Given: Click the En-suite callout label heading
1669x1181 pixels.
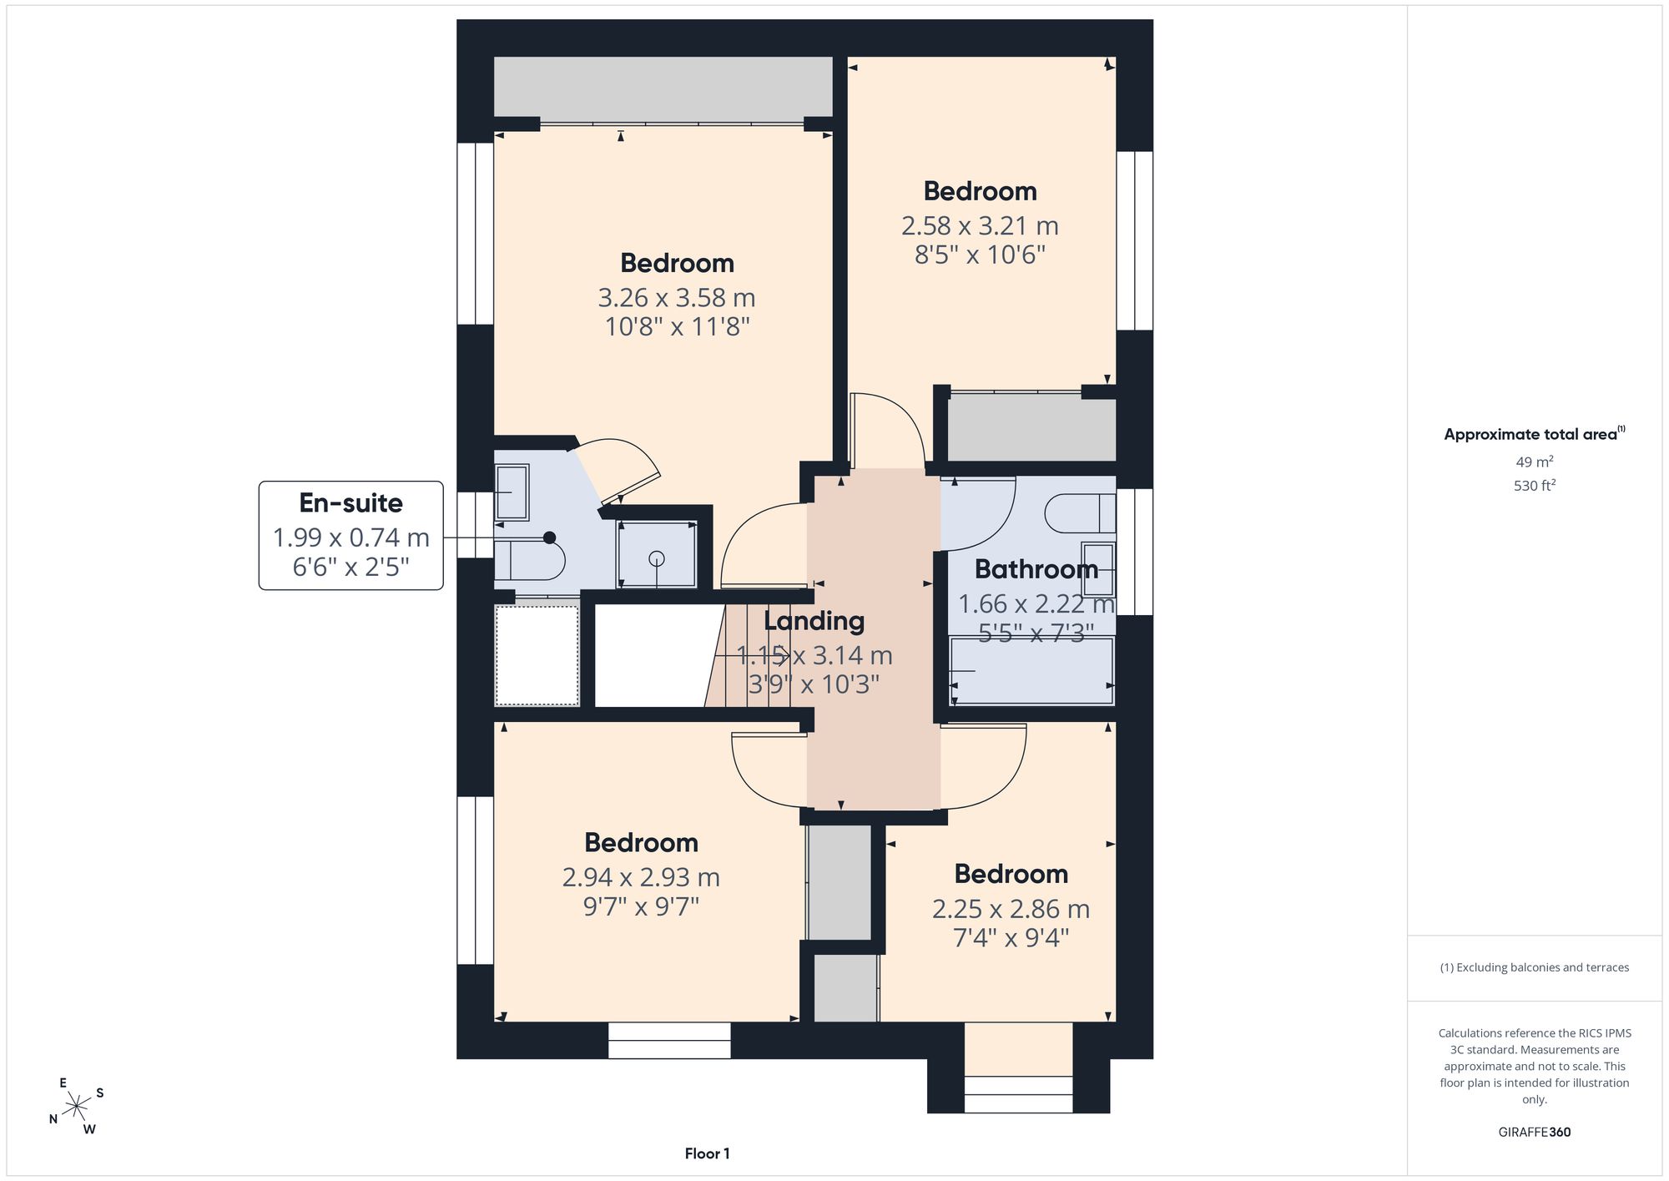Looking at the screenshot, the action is click(350, 503).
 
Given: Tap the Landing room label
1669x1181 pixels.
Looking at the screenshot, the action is click(814, 621).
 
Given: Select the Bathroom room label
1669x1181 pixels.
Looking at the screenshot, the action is click(1036, 569).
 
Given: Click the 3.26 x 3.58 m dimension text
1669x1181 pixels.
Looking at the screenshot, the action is click(677, 298).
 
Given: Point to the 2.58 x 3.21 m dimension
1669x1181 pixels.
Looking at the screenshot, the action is click(980, 226).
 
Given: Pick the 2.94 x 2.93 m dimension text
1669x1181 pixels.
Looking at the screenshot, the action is click(641, 877).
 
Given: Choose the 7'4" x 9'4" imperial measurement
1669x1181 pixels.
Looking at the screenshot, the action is click(1011, 938).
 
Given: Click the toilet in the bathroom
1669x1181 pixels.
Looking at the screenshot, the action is click(1082, 513).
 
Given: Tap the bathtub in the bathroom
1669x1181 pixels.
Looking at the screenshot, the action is click(1032, 670).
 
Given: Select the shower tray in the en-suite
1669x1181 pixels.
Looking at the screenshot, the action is click(657, 553).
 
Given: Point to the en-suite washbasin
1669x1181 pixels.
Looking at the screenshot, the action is click(511, 492).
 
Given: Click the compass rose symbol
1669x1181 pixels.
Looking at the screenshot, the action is click(76, 1107).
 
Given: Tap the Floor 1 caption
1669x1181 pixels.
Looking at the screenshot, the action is click(707, 1154).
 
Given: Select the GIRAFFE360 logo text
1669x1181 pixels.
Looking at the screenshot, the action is click(1534, 1133).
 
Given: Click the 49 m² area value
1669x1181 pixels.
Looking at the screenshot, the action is click(1534, 462).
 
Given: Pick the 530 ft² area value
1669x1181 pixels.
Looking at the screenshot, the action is click(1534, 485).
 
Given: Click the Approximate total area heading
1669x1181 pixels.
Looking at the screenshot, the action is click(1534, 433).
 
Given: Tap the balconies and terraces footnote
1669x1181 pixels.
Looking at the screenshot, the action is click(1534, 968).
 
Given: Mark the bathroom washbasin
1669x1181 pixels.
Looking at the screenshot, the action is click(1098, 568).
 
